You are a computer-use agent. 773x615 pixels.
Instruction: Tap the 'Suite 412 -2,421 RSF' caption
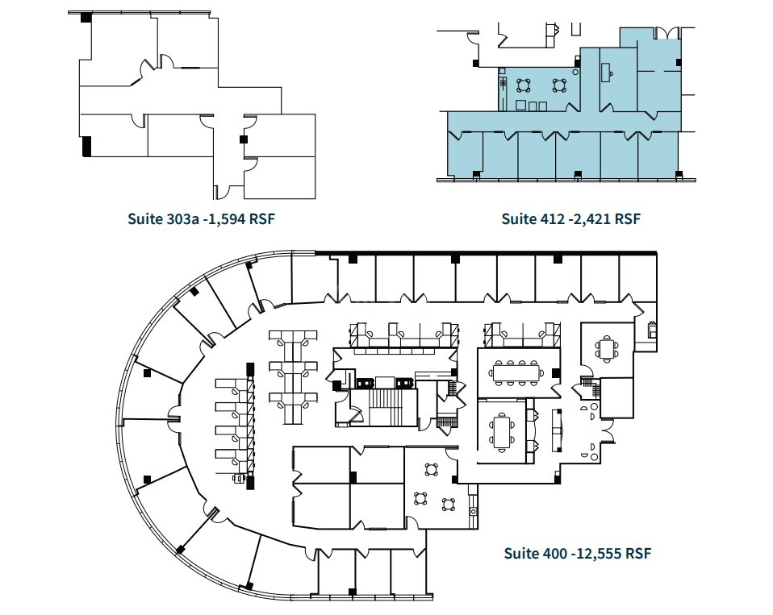(570, 218)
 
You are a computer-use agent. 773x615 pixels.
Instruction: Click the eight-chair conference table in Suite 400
(516, 372)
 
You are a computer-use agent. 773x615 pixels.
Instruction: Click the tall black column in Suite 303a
(86, 146)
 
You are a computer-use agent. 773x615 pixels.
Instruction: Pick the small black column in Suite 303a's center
(243, 139)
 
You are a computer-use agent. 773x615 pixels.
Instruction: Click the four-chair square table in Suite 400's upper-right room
(607, 349)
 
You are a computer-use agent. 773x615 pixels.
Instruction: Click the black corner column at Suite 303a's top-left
(85, 18)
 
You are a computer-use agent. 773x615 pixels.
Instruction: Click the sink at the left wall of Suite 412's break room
(503, 82)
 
